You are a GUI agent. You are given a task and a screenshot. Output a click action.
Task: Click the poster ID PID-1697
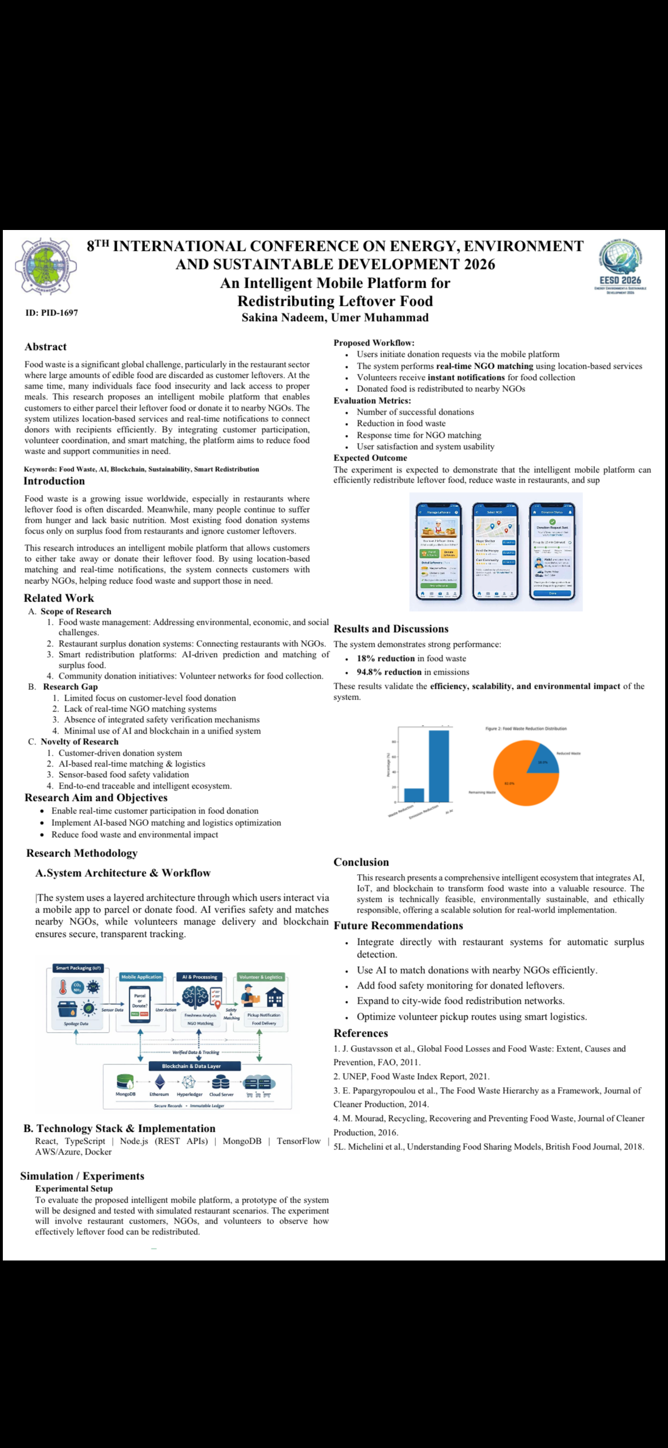[x=52, y=313]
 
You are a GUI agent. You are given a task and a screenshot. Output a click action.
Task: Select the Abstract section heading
[x=45, y=347]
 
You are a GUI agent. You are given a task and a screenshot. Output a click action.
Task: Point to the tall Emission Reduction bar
[x=439, y=765]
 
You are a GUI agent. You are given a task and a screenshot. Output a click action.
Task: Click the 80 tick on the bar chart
[x=394, y=742]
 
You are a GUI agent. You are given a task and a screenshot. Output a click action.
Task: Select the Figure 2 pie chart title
[x=526, y=729]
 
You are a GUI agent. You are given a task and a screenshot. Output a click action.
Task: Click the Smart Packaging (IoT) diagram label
[x=78, y=968]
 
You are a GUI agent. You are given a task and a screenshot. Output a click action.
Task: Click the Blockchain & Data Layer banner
[x=192, y=1066]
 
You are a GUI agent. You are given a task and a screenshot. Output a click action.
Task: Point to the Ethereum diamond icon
[x=160, y=1083]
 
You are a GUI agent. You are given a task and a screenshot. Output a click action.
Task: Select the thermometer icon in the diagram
[x=63, y=987]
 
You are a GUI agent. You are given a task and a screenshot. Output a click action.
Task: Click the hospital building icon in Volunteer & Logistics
[x=275, y=997]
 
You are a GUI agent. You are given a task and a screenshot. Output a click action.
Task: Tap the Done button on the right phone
[x=552, y=593]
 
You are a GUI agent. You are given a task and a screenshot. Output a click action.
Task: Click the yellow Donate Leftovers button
[x=449, y=553]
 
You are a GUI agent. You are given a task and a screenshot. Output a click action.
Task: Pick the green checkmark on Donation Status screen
[x=552, y=521]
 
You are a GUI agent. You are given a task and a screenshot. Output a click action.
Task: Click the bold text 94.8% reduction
[x=389, y=672]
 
